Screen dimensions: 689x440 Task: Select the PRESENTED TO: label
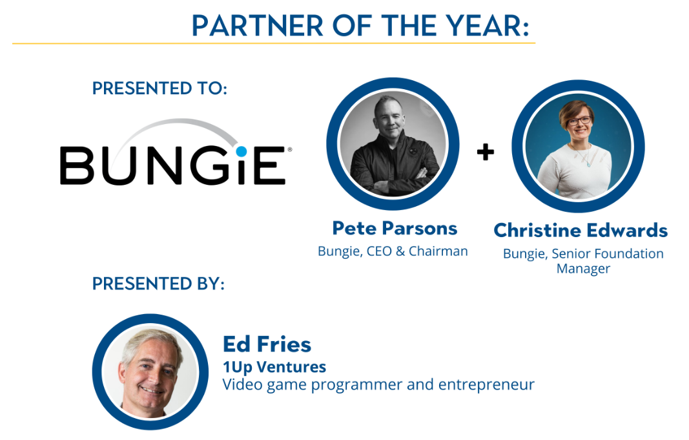159,89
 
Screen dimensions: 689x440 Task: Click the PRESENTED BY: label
158,284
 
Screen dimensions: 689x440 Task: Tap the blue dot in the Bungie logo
241,152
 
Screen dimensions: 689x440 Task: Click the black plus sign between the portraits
485,152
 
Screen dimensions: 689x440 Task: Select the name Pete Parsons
395,229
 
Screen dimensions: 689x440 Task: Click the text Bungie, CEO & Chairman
393,251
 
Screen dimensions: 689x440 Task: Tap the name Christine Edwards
581,230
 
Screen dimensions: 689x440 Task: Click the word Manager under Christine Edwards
583,269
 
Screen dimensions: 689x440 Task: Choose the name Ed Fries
267,344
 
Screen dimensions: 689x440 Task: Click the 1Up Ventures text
274,366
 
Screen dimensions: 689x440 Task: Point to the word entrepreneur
486,385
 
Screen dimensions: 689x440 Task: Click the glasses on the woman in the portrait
579,120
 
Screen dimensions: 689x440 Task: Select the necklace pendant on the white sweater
588,163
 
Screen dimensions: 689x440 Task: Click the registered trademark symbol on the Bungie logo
289,150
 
